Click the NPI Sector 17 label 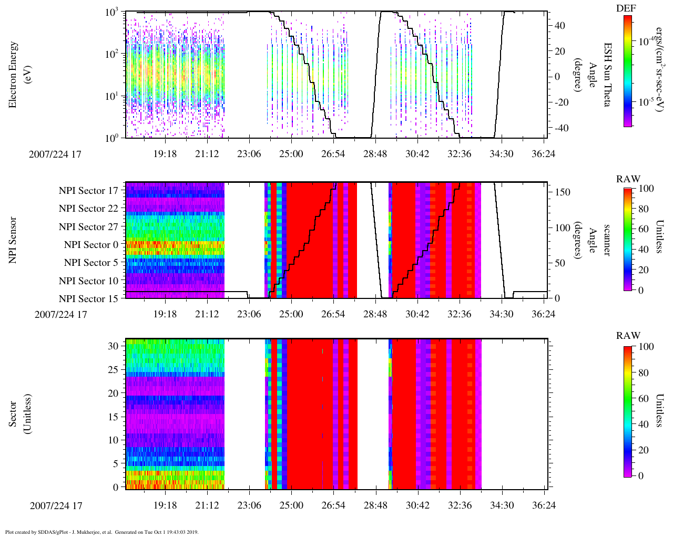pyautogui.click(x=88, y=191)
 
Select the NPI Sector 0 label pyautogui.click(x=91, y=245)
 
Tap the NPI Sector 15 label pyautogui.click(x=88, y=299)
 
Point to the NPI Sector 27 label pyautogui.click(x=88, y=227)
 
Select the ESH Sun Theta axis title pyautogui.click(x=607, y=75)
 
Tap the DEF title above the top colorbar pyautogui.click(x=626, y=8)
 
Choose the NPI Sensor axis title pyautogui.click(x=13, y=240)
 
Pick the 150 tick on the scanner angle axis pyautogui.click(x=563, y=192)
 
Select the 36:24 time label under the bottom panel pyautogui.click(x=544, y=505)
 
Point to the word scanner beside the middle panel pyautogui.click(x=607, y=240)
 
